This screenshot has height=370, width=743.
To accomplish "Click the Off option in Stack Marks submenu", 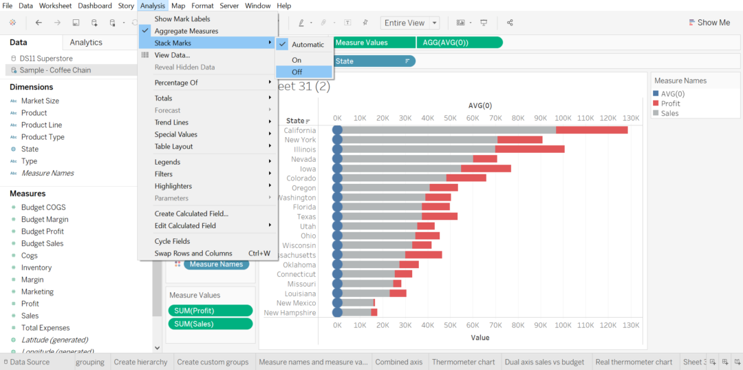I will pos(297,72).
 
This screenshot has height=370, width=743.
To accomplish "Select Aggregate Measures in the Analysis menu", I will pos(186,31).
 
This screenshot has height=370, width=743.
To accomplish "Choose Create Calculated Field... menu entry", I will pos(191,214).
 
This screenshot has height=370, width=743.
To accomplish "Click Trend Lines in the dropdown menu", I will pos(171,123).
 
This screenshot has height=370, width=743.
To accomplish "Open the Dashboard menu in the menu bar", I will pos(95,6).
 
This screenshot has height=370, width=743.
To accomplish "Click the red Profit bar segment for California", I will pos(591,130).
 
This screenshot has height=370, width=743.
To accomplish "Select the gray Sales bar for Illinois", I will pos(418,150).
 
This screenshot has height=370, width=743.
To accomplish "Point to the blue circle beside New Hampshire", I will pos(337,313).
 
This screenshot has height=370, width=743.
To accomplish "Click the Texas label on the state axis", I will pos(306,217).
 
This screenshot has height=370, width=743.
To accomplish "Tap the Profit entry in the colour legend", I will pos(670,103).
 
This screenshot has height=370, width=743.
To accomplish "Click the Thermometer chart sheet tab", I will pos(463,362).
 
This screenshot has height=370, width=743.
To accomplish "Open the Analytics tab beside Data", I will pos(86,43).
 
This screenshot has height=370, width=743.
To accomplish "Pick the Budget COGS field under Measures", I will pos(43,207).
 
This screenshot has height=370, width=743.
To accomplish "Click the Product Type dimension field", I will pos(43,137).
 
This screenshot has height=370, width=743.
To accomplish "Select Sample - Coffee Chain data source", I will pos(55,70).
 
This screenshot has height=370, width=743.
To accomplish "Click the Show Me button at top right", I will pos(709,23).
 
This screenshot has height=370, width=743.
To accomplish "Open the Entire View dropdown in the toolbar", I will pos(410,23).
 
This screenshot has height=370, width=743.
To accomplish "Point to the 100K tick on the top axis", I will pos(563,118).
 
